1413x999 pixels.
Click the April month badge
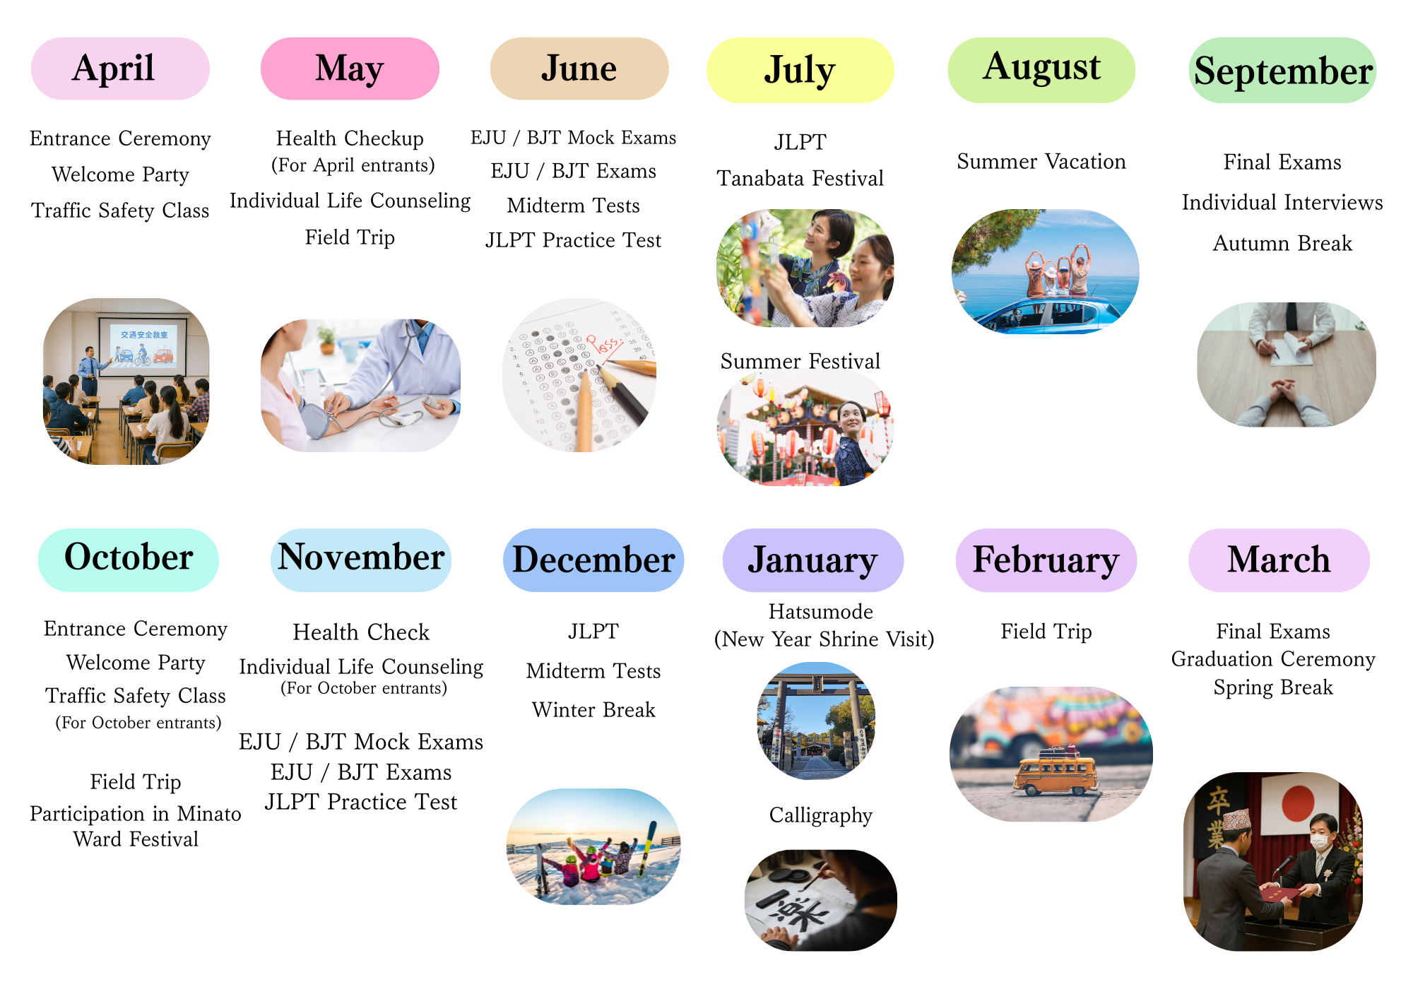tap(120, 69)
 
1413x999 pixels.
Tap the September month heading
tap(1282, 71)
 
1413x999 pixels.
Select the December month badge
tap(593, 560)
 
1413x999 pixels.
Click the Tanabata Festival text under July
tap(800, 178)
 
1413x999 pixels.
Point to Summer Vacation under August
tap(1041, 161)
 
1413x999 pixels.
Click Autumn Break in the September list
tap(1282, 243)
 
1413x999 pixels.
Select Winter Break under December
tap(593, 709)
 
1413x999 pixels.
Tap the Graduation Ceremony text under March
tap(1273, 659)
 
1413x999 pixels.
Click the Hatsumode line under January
tap(821, 611)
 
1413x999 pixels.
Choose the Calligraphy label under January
tap(821, 815)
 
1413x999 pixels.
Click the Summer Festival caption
tap(800, 361)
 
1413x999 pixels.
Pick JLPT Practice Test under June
tap(573, 240)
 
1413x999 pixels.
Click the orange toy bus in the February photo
tap(1056, 774)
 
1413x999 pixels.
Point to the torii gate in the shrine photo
tap(816, 714)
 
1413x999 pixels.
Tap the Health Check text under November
tap(361, 632)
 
